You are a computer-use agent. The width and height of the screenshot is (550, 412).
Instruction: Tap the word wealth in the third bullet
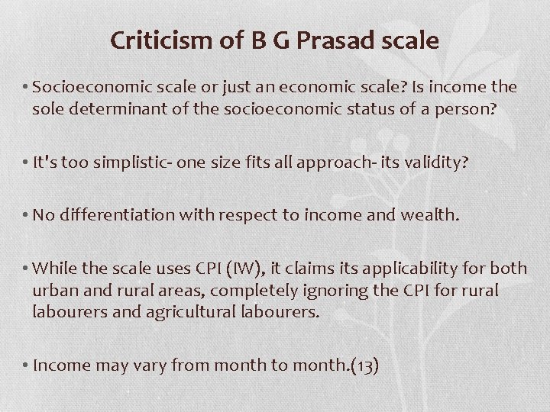tap(429, 216)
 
